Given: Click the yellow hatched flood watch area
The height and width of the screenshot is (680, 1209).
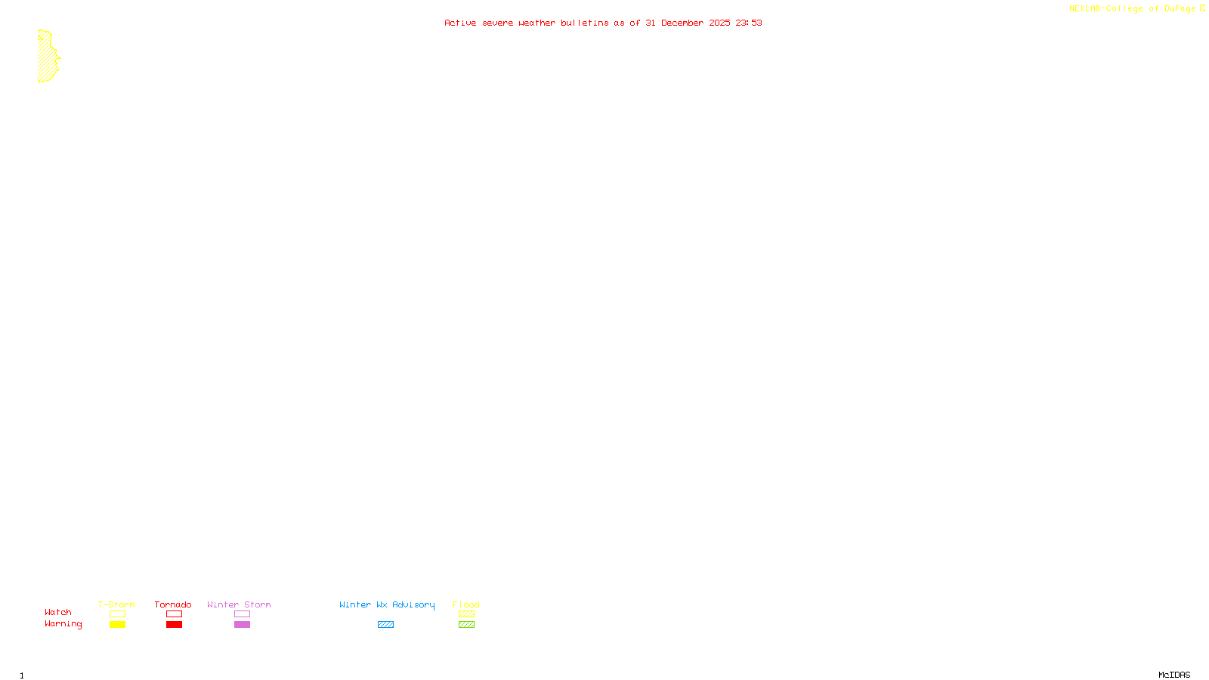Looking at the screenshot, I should (47, 57).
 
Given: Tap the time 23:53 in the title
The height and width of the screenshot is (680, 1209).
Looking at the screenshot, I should (748, 23).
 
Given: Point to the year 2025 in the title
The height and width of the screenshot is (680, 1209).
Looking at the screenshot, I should (719, 23).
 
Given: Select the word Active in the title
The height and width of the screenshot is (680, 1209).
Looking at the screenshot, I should (460, 23).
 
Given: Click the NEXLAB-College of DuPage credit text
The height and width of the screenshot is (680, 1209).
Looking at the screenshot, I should (1132, 8).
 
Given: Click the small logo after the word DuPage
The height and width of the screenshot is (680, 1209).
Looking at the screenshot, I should (1202, 8).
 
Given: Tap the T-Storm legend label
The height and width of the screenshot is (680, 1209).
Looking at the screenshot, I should (116, 604).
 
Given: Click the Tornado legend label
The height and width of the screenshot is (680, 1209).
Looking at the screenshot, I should (173, 604).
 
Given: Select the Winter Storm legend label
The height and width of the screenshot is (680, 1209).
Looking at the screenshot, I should (239, 604).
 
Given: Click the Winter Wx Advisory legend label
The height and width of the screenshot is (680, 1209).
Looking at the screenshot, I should (387, 604).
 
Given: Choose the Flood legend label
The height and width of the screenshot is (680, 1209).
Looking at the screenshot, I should (466, 604).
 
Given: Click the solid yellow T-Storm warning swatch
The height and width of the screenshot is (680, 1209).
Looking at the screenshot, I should (117, 625).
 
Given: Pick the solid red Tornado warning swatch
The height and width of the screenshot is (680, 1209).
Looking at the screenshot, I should (174, 625).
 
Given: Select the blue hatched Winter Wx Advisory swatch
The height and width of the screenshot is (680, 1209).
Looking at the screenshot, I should (385, 625).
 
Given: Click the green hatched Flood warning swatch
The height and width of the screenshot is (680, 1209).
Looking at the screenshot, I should (466, 625).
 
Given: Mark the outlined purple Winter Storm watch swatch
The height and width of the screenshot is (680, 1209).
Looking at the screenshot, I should (242, 614).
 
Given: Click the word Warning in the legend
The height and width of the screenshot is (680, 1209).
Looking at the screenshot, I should (63, 624).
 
